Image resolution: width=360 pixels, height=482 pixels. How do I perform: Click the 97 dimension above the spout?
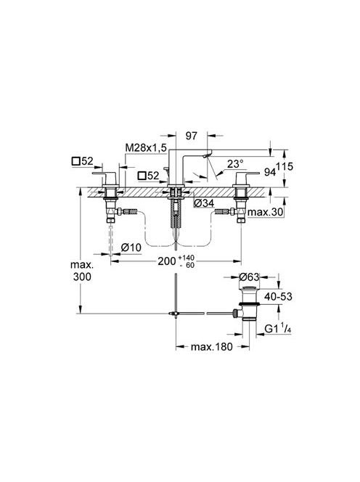pyautogui.click(x=191, y=136)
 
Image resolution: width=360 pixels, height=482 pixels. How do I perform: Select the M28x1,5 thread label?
pyautogui.click(x=146, y=147)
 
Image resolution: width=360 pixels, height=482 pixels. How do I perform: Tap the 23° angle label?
pyautogui.click(x=235, y=164)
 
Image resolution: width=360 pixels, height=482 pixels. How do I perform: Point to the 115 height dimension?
pyautogui.click(x=285, y=167)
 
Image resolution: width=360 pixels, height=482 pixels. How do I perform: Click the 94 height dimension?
pyautogui.click(x=269, y=173)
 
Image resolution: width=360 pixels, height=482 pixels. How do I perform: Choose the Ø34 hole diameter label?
pyautogui.click(x=204, y=203)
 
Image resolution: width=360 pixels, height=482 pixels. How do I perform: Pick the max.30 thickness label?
pyautogui.click(x=266, y=212)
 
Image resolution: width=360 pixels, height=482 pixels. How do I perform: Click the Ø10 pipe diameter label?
pyautogui.click(x=131, y=247)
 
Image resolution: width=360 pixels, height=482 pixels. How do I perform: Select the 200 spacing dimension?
pyautogui.click(x=167, y=261)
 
